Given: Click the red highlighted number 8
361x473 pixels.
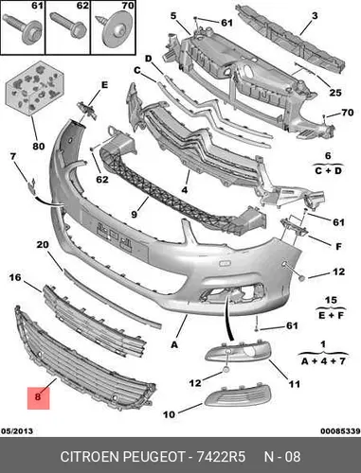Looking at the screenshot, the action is [38, 396].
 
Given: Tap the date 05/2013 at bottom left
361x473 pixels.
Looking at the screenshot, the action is [17, 431].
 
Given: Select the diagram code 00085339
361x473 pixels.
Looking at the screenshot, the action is [340, 431].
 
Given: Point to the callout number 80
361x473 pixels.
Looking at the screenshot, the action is [39, 146].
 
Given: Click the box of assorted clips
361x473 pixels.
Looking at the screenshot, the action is [35, 88].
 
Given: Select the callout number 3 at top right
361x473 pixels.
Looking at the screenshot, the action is [315, 15].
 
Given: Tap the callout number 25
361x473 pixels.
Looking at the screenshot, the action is [335, 93].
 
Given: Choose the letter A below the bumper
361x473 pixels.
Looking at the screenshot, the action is [174, 344].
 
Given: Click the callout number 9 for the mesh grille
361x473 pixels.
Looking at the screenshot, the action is [135, 214].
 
